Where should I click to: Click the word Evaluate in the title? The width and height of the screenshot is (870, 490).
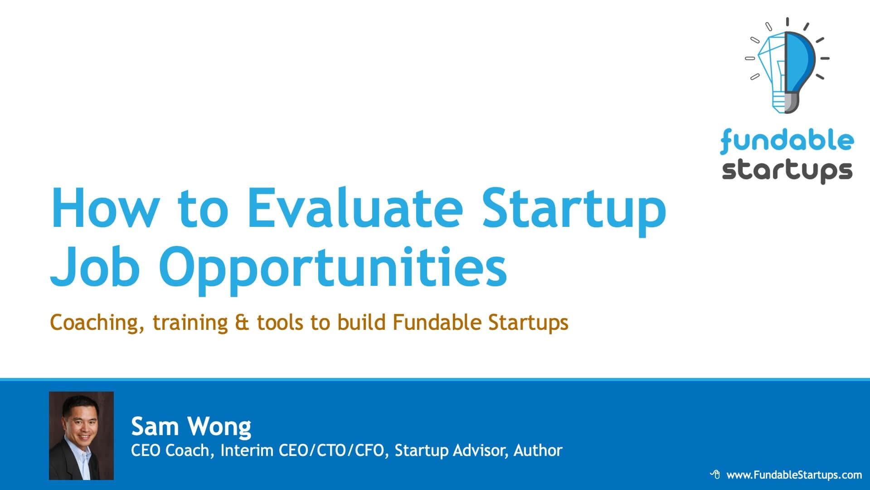(x=355, y=208)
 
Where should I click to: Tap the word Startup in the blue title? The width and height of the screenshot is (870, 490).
(x=574, y=212)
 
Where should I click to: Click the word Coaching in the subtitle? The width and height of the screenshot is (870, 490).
(x=98, y=323)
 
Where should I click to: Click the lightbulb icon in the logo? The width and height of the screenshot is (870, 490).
(x=787, y=66)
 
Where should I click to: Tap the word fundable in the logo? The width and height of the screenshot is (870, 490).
(x=787, y=141)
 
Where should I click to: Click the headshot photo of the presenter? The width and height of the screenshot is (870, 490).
(x=81, y=436)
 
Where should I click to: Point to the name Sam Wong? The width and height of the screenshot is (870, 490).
(x=191, y=426)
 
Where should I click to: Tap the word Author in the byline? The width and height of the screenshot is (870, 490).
(x=538, y=450)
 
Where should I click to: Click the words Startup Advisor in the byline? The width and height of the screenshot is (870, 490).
(x=451, y=451)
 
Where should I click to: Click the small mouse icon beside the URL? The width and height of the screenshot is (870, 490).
(x=715, y=475)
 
